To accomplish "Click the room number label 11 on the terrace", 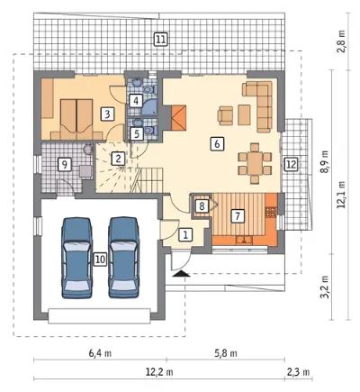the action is click(160, 39).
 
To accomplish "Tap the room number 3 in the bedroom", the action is click(108, 114).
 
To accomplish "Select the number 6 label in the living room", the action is click(217, 143).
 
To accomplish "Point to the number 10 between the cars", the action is click(100, 259).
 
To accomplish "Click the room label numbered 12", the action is click(291, 164).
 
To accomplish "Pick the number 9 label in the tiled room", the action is click(65, 164).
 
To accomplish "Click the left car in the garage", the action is click(76, 258).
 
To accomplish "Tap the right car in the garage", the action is click(123, 258).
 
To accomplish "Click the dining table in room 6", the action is click(255, 164).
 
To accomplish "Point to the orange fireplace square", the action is click(179, 118).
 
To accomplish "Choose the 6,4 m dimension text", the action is click(100, 353).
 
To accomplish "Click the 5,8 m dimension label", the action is click(226, 353).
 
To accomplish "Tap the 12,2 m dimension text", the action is click(159, 372).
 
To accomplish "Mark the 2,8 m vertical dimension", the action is click(341, 41).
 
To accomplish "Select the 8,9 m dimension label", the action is click(325, 162).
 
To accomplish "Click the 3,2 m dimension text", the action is click(325, 287).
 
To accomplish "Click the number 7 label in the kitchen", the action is click(238, 215).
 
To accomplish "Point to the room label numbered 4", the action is click(136, 101).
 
